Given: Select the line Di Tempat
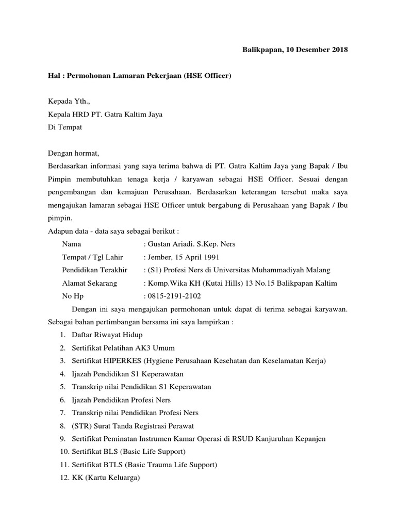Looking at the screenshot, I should pos(64,127).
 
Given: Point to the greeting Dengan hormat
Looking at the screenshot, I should pos(73,153).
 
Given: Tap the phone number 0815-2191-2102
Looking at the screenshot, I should pos(174,296).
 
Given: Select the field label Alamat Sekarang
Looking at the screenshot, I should pos(89,283).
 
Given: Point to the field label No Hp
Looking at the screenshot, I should pos(73,296).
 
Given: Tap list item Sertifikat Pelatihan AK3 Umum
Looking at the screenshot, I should pos(122,348).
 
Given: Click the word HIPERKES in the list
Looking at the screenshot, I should pos(122,361).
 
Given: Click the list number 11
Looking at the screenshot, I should pos(64,465).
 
